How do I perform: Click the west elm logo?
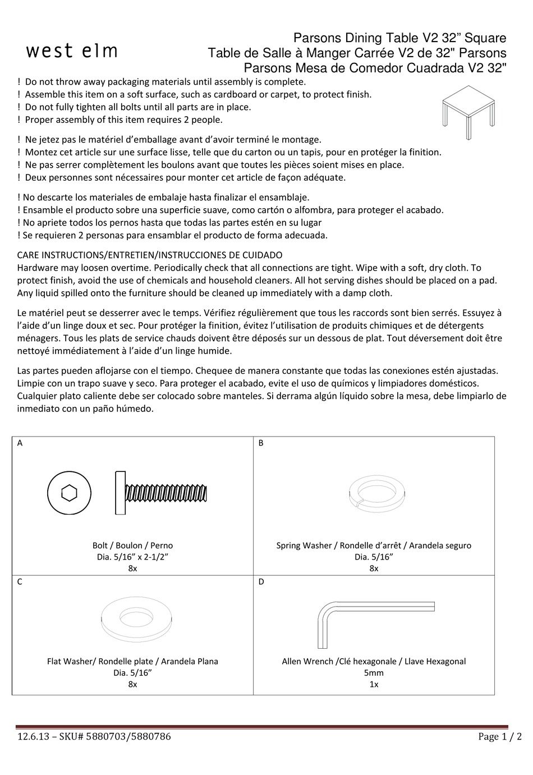tap(72, 51)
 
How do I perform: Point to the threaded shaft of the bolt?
tap(168, 493)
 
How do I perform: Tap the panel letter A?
tap(20, 443)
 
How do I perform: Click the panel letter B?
tap(261, 443)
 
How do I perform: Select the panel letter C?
tap(20, 582)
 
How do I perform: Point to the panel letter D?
tap(261, 582)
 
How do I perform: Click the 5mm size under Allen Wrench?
tap(374, 673)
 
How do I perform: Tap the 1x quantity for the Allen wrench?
tap(374, 685)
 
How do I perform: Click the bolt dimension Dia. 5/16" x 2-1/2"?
tap(132, 557)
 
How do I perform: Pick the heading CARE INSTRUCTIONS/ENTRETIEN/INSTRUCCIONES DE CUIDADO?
tap(150, 255)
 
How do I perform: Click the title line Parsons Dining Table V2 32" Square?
tap(400, 38)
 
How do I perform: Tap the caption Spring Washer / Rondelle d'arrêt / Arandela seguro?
tap(374, 545)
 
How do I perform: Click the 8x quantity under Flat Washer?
tap(132, 685)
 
